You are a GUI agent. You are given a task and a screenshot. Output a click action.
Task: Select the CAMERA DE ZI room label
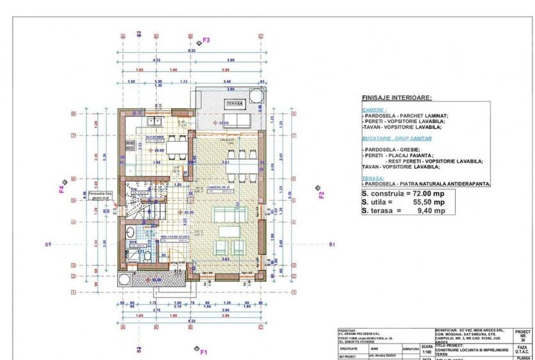click(x=218, y=186)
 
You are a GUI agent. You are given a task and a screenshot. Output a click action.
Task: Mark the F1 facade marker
click(x=203, y=351)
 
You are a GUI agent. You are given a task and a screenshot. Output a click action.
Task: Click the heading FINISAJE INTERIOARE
click(x=396, y=98)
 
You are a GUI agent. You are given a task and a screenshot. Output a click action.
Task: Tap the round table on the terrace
click(x=255, y=96)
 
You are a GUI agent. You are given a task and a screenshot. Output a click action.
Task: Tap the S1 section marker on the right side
click(x=331, y=245)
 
